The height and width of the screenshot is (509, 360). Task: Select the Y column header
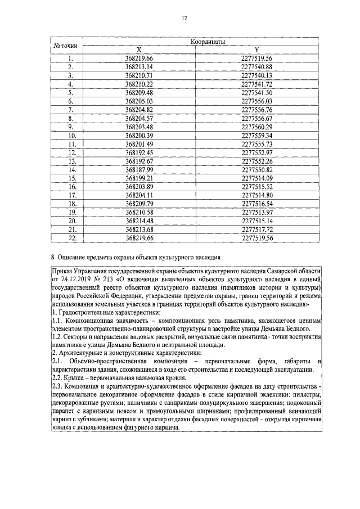coord(256,49)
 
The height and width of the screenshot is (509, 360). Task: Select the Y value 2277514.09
coord(256,178)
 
